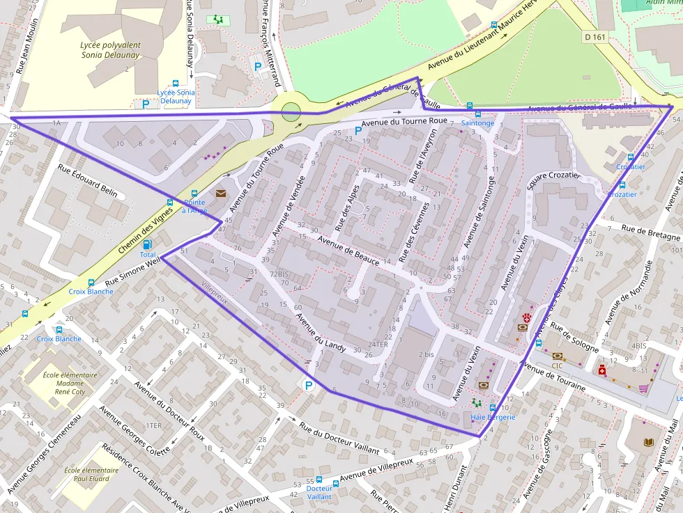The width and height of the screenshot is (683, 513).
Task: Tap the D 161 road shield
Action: click(594, 37)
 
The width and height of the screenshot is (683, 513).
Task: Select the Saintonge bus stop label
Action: click(477, 123)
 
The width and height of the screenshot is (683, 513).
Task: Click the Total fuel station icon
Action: click(147, 244)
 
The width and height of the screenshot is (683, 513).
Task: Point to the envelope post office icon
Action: click(221, 193)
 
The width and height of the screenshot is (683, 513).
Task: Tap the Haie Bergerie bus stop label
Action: click(493, 417)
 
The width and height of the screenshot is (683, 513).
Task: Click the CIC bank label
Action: click(557, 365)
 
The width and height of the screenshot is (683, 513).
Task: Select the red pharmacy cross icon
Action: click(601, 370)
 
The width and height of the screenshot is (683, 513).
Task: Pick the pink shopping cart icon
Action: click(643, 388)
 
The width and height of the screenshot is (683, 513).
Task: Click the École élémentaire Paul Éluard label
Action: click(91, 474)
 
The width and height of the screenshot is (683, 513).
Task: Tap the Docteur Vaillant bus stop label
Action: click(319, 493)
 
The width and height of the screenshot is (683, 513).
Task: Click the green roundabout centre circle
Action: click(291, 111)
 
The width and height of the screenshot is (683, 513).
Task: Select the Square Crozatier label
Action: click(555, 175)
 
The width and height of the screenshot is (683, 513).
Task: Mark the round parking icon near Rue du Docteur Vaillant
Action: click(309, 385)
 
